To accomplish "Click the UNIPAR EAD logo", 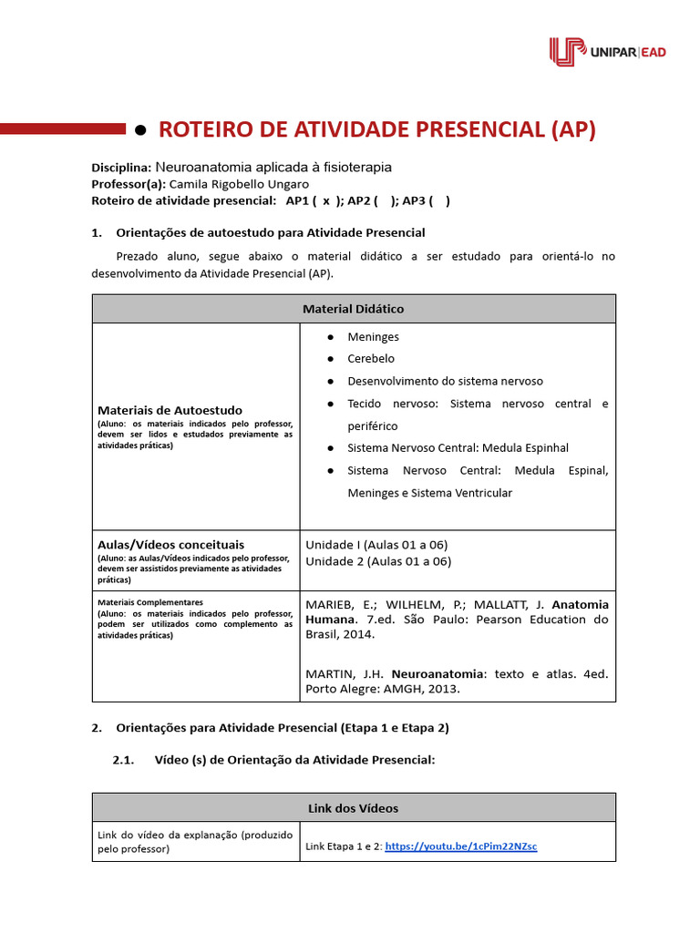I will pos(607,52).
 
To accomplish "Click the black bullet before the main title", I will pos(140,130).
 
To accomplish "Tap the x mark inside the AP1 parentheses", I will pos(325,200).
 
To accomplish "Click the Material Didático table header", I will pos(353,309).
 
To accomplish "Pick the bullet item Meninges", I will pos(373,337).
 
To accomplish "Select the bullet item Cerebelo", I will pos(371,359).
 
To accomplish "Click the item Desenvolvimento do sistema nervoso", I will pos(445,381).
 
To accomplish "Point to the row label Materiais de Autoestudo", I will pos(170,410).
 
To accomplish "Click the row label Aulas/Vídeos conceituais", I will pos(170,545).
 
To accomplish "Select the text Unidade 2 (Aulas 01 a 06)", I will pos(378,561).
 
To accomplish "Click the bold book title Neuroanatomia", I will pos(433,673).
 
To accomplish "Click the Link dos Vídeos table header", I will pos(353,808).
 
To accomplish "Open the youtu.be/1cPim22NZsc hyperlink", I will pos(461,846).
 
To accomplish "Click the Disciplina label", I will pos(121,168).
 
